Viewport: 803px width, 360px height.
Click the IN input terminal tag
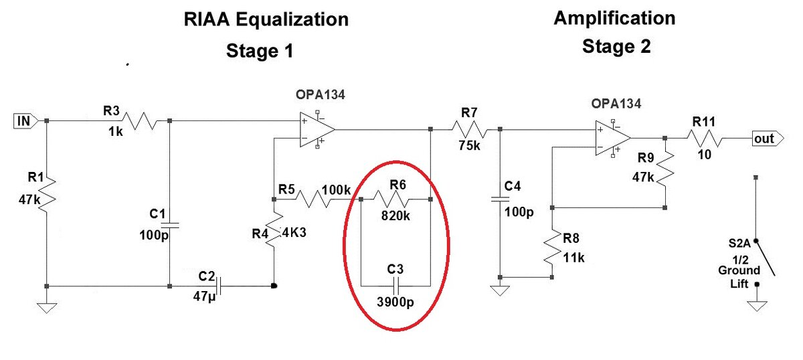(x=26, y=121)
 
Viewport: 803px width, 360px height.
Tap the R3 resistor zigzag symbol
(x=139, y=121)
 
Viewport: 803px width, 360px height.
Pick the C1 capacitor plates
(x=169, y=226)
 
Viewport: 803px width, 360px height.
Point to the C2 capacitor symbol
(x=218, y=286)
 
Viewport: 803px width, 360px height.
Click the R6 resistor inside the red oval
(x=391, y=199)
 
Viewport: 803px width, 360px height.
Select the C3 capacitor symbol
(x=395, y=286)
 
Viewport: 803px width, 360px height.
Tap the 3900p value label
(x=395, y=302)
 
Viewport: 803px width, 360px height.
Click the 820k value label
(x=395, y=215)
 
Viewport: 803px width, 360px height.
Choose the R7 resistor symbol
(x=470, y=129)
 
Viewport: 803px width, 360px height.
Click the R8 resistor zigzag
(x=552, y=248)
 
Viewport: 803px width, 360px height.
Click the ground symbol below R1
(x=47, y=308)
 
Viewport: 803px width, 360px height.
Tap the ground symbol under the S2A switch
(x=757, y=306)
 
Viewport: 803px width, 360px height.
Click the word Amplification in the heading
(x=614, y=18)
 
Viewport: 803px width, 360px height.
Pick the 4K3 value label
(x=294, y=232)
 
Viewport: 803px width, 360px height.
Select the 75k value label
(x=469, y=145)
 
